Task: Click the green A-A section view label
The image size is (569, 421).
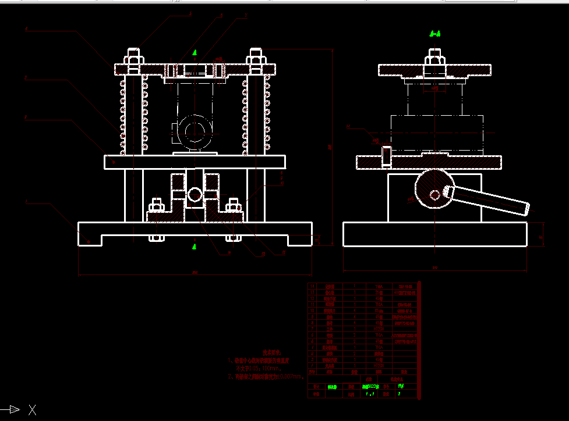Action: click(x=434, y=34)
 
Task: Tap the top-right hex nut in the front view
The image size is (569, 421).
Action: click(x=256, y=58)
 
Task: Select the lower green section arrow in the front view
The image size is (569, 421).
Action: click(x=194, y=247)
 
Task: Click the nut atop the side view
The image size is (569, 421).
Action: click(x=433, y=59)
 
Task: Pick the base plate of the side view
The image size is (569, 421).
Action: click(x=435, y=234)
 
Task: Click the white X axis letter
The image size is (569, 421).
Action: click(x=33, y=410)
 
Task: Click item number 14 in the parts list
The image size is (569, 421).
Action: click(x=312, y=287)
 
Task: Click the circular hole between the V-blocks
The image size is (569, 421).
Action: click(x=195, y=194)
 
